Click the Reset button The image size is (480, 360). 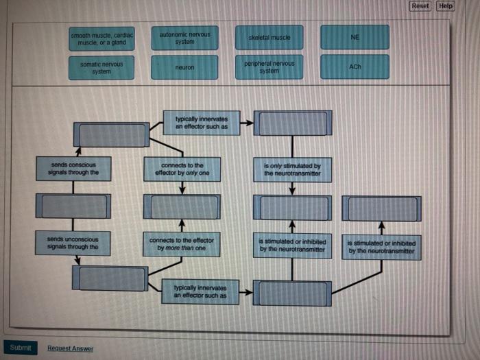(420, 6)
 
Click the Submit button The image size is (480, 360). (21, 348)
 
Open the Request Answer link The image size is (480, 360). (70, 348)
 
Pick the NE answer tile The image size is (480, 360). (355, 38)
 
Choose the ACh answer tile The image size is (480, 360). (355, 67)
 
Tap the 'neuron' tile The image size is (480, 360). (185, 67)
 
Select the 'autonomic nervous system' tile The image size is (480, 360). (185, 38)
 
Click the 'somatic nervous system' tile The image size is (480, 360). (101, 67)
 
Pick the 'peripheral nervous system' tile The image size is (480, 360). (269, 67)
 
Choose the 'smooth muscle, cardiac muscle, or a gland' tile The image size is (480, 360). (102, 38)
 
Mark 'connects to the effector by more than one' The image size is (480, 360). (182, 244)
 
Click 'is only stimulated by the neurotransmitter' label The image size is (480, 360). (292, 169)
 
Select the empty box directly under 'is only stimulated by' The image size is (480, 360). (292, 207)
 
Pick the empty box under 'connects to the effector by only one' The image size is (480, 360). (182, 206)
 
